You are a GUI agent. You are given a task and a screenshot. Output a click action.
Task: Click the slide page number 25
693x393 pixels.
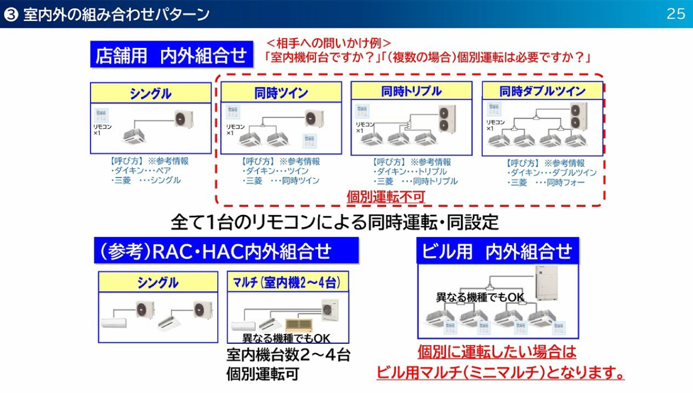click(x=675, y=14)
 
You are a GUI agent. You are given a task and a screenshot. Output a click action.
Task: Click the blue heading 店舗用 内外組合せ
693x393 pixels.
click(x=172, y=55)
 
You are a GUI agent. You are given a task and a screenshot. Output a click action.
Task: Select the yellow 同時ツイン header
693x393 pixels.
click(x=281, y=92)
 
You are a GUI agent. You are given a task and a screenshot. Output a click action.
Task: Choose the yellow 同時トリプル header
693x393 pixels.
click(x=411, y=91)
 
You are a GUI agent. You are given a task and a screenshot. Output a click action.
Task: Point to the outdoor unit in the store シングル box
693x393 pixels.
click(x=184, y=119)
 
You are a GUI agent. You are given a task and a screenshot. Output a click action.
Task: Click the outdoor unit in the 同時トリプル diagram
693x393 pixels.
click(x=446, y=118)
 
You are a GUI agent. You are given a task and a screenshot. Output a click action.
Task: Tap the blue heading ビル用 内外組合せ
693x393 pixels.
click(x=497, y=251)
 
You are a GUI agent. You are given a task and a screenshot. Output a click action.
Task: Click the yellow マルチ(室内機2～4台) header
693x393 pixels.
click(x=287, y=283)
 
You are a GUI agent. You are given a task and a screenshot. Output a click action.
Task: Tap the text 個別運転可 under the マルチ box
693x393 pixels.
click(x=262, y=374)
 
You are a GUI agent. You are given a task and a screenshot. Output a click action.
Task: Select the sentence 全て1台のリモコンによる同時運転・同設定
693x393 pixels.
click(x=334, y=221)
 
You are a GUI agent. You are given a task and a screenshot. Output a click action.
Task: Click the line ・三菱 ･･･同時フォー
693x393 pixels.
click(x=546, y=183)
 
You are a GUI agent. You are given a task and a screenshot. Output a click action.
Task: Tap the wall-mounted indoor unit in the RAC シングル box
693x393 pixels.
click(x=117, y=325)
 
